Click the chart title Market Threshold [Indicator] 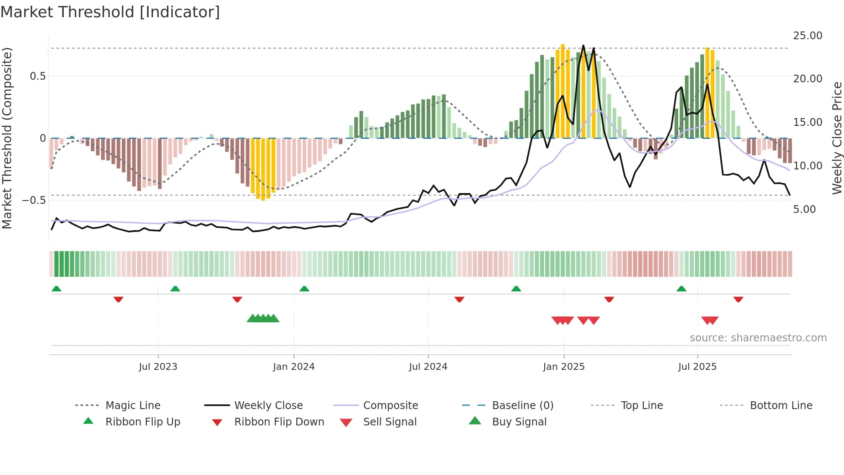(x=110, y=12)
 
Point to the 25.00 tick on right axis (x=807, y=36)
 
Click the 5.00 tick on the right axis (x=804, y=209)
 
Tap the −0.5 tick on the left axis (x=34, y=200)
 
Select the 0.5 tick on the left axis (x=37, y=76)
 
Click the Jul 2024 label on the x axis (x=428, y=367)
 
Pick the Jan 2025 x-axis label (x=563, y=367)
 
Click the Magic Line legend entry (x=133, y=406)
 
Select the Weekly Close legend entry (x=268, y=406)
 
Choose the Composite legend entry (x=390, y=406)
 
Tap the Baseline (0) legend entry (x=522, y=406)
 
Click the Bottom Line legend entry (x=781, y=406)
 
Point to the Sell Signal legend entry (x=389, y=422)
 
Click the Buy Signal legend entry (x=519, y=422)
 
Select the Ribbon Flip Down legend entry (x=279, y=422)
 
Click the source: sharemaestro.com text (x=758, y=338)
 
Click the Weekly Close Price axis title (x=837, y=138)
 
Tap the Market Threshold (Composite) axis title (x=7, y=138)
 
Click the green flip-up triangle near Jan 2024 (x=304, y=289)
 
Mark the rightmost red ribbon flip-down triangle (x=738, y=299)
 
